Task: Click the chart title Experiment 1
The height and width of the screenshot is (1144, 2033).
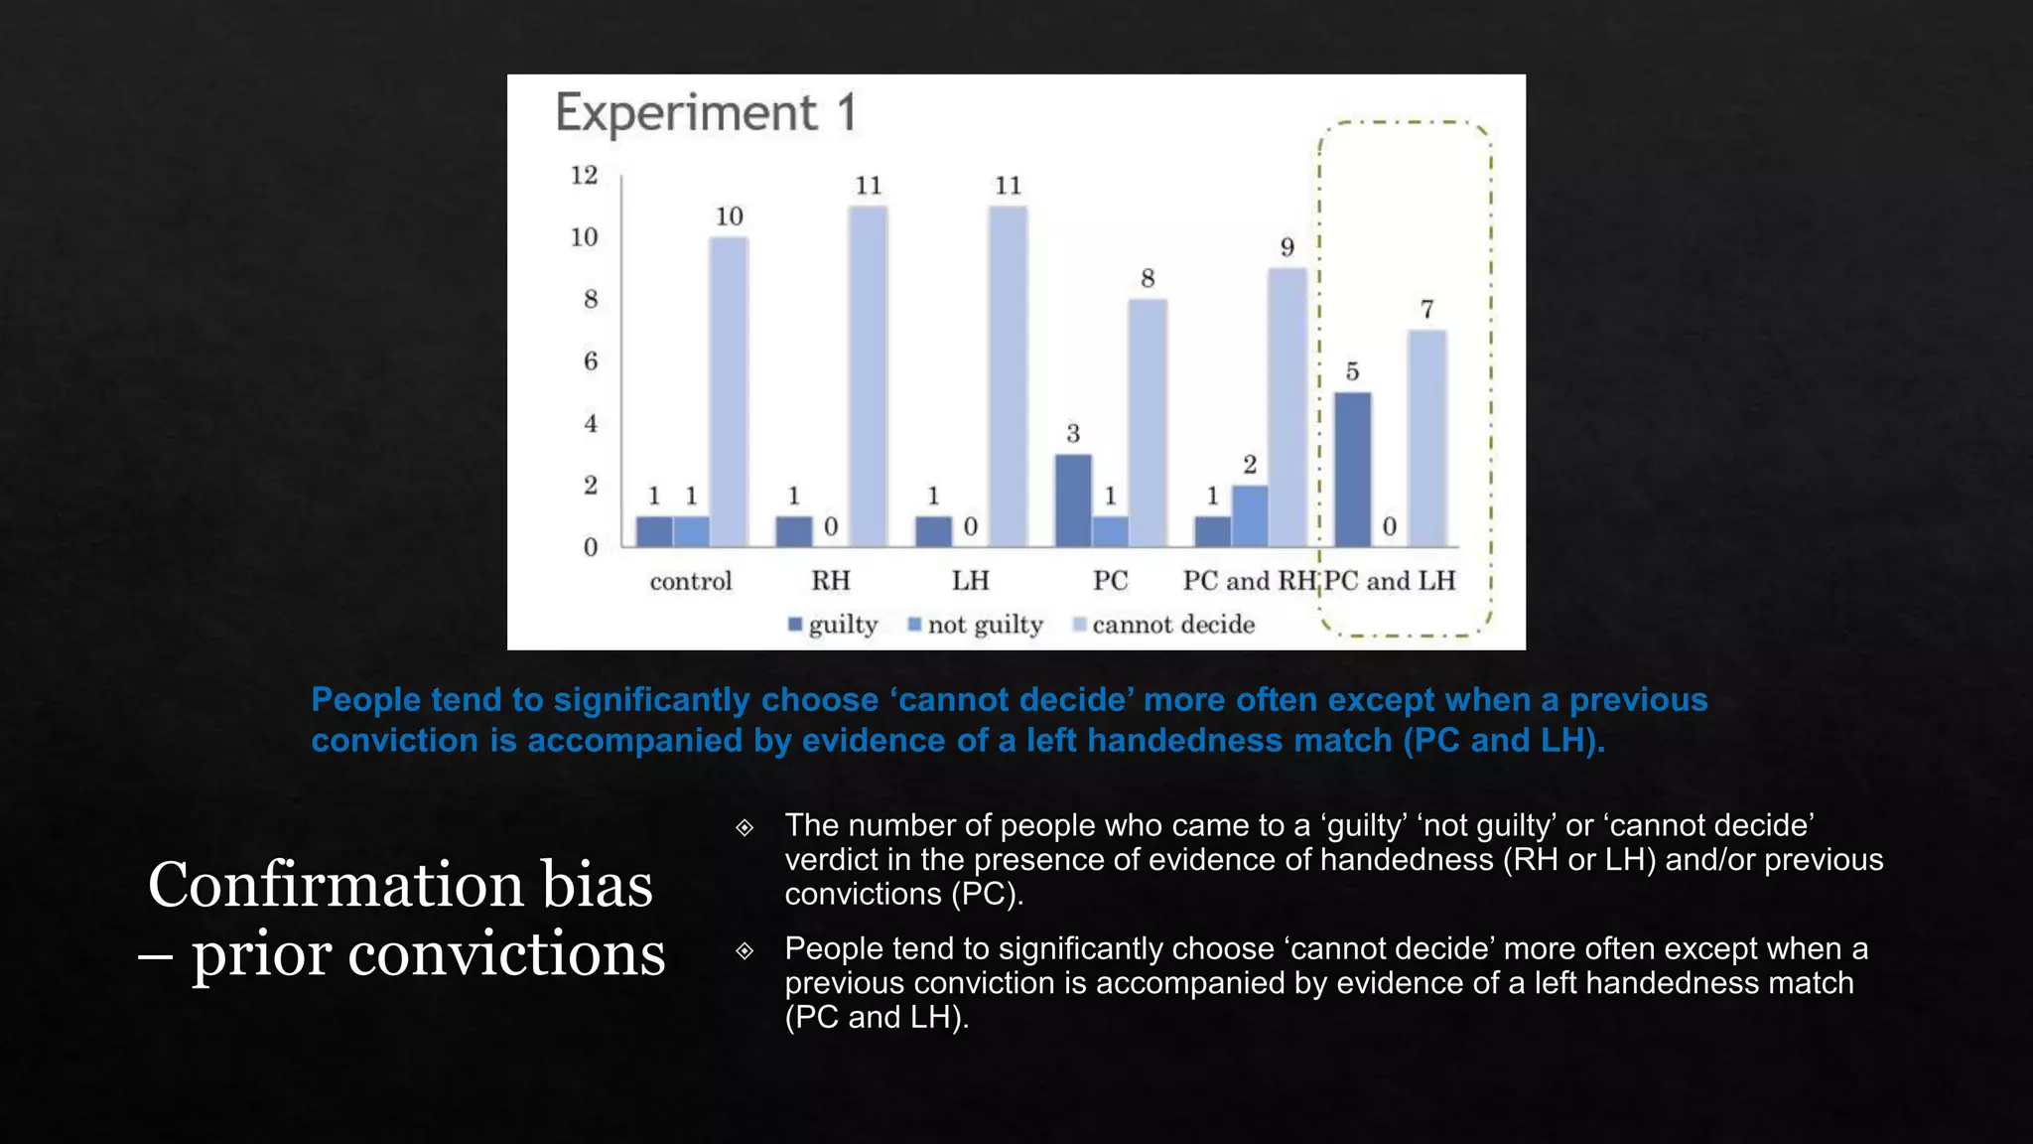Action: click(705, 112)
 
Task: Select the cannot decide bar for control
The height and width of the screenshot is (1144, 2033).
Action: click(728, 391)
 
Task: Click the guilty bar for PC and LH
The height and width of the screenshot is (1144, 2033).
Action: click(1352, 469)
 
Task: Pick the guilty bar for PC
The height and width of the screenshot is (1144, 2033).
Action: click(1073, 500)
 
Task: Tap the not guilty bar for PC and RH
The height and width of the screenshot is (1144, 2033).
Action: click(1250, 515)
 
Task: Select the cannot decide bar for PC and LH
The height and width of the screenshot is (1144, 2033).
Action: click(1426, 438)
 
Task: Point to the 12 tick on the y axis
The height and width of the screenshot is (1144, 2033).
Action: click(584, 176)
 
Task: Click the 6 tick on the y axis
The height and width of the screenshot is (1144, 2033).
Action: click(590, 361)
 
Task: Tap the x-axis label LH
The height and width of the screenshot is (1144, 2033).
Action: click(970, 581)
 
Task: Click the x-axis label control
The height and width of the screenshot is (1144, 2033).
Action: click(690, 581)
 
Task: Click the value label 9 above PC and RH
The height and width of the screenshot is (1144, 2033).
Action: click(1287, 247)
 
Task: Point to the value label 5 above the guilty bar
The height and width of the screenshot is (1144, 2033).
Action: click(1352, 371)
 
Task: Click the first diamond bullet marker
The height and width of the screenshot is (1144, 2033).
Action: click(745, 827)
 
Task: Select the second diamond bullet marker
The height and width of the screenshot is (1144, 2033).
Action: click(745, 950)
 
